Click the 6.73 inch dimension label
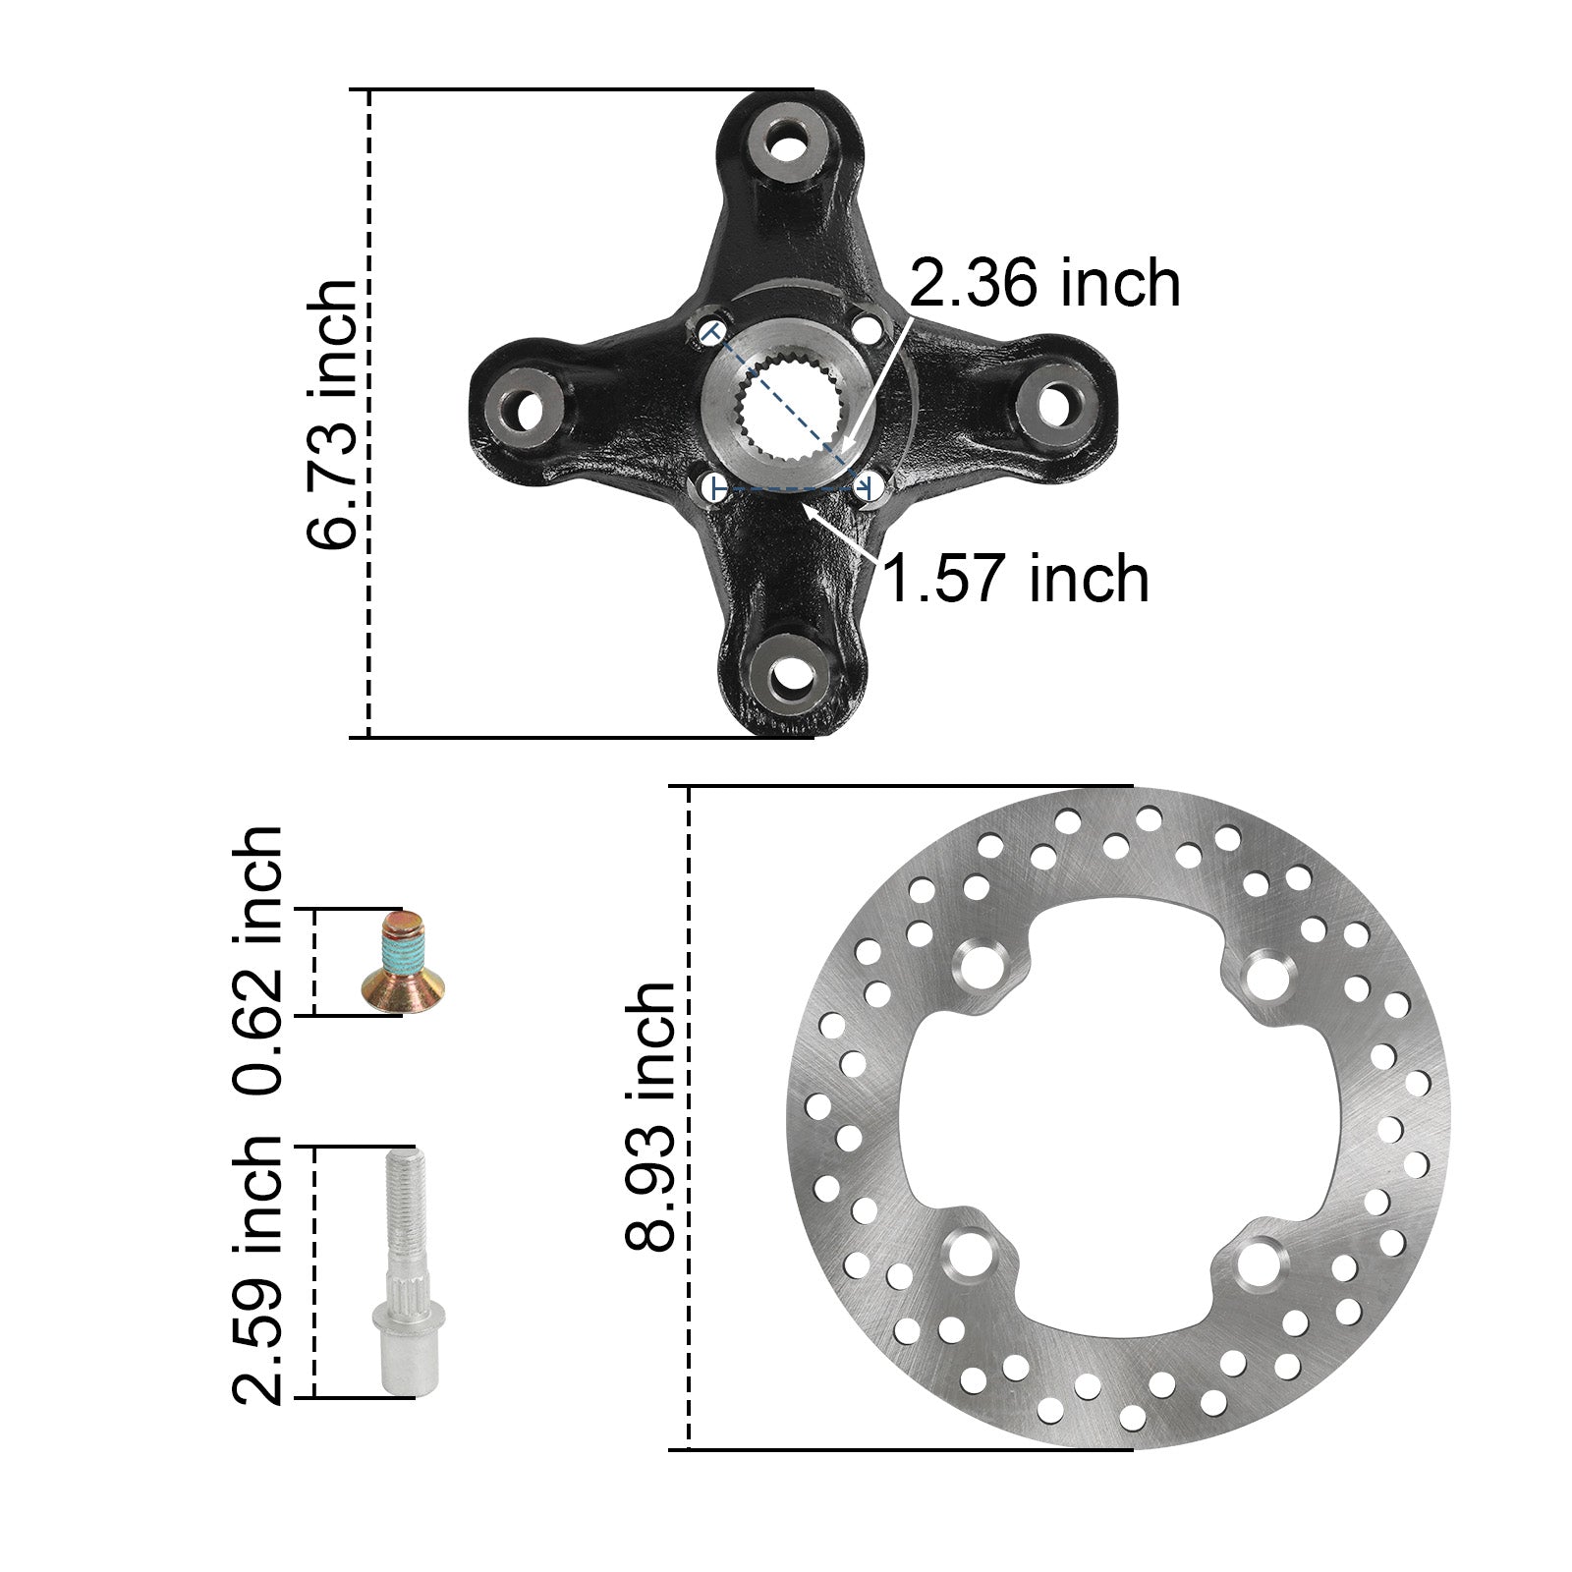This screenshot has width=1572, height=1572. (331, 414)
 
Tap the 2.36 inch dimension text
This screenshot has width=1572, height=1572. (1044, 283)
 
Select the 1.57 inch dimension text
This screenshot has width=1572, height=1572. (1016, 578)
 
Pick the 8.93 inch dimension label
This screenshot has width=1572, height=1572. (649, 1115)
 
